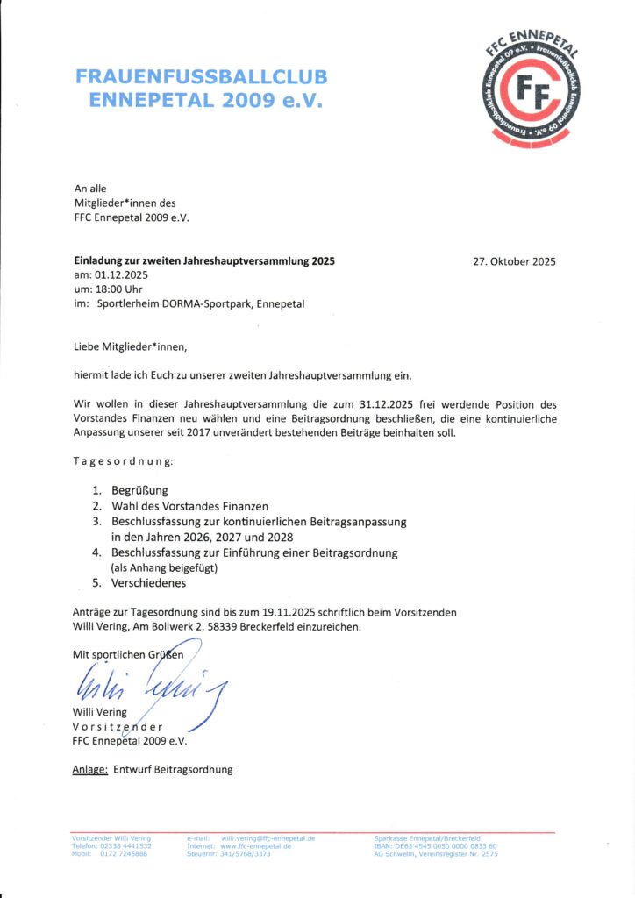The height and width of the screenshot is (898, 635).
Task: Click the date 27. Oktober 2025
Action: [514, 260]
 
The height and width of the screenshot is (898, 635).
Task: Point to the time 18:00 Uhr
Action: [123, 289]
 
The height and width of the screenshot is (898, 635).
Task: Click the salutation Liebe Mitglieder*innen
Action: [131, 346]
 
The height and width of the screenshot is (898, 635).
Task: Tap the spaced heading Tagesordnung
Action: [123, 461]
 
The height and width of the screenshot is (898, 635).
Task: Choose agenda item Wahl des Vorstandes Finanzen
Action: [189, 506]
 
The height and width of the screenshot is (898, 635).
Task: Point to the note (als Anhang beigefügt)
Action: [164, 568]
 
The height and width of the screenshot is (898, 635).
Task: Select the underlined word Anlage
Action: [89, 769]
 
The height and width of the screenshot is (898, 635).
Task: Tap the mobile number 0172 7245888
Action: [123, 853]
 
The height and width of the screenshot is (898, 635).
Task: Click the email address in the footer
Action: [268, 838]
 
